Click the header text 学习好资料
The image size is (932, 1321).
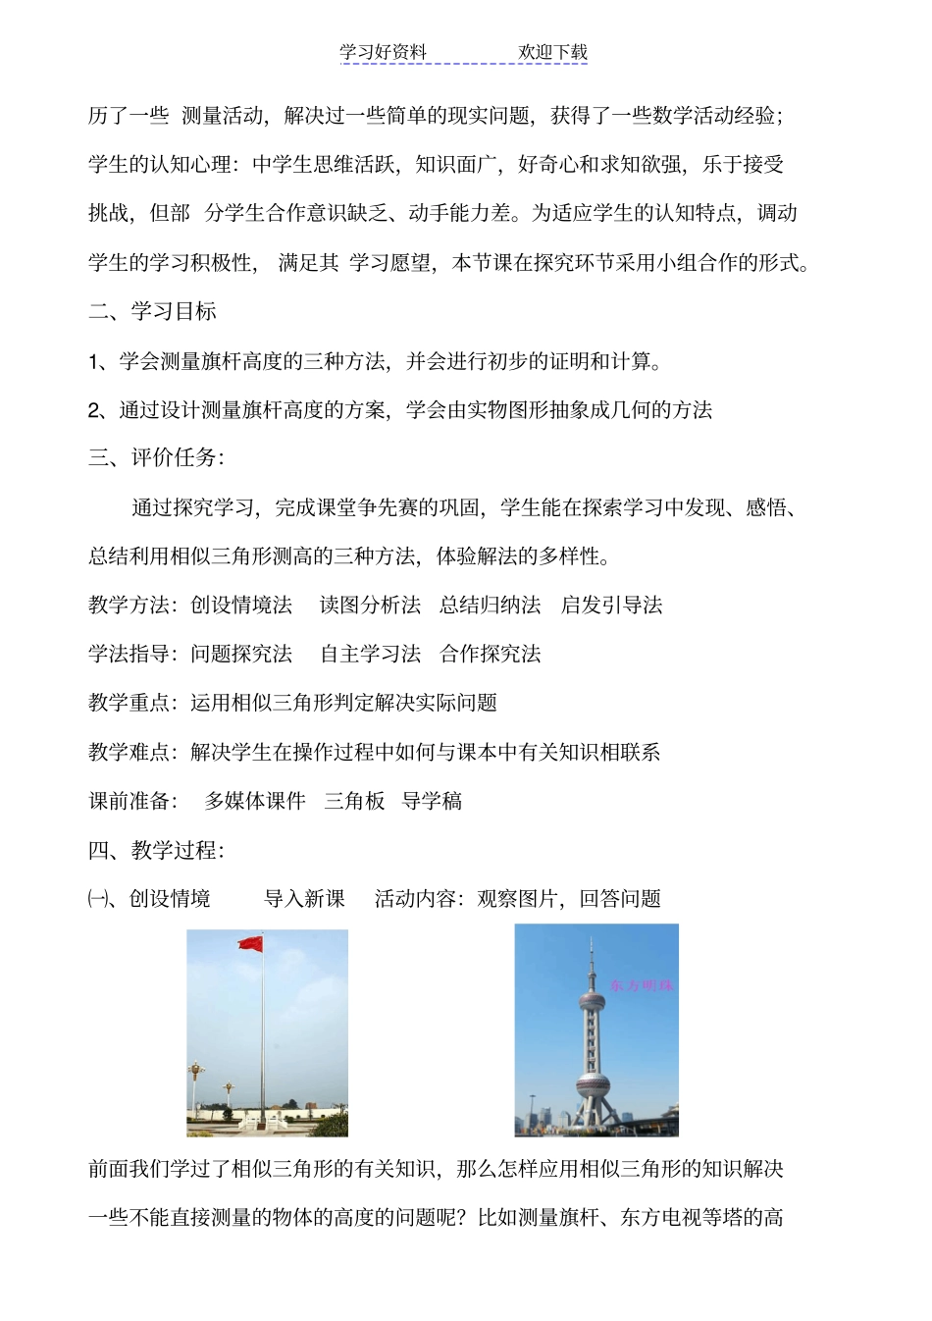tap(384, 53)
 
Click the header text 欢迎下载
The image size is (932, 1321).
tap(552, 53)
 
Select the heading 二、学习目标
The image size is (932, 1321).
tap(152, 312)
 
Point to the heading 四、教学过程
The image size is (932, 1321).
tap(156, 850)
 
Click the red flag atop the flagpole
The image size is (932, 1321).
tap(250, 944)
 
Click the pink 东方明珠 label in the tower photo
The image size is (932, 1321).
tap(642, 984)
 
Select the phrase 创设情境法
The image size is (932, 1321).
tap(241, 606)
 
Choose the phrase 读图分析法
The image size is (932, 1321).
tap(370, 606)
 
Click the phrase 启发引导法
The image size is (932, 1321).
tap(611, 606)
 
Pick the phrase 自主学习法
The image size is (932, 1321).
tap(370, 655)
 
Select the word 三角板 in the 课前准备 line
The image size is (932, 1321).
tap(354, 801)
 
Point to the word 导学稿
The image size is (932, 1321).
tap(432, 801)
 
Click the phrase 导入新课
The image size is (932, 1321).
tap(304, 899)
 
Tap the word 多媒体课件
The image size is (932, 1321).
tap(255, 801)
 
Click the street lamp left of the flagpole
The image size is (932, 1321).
tap(196, 1080)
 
